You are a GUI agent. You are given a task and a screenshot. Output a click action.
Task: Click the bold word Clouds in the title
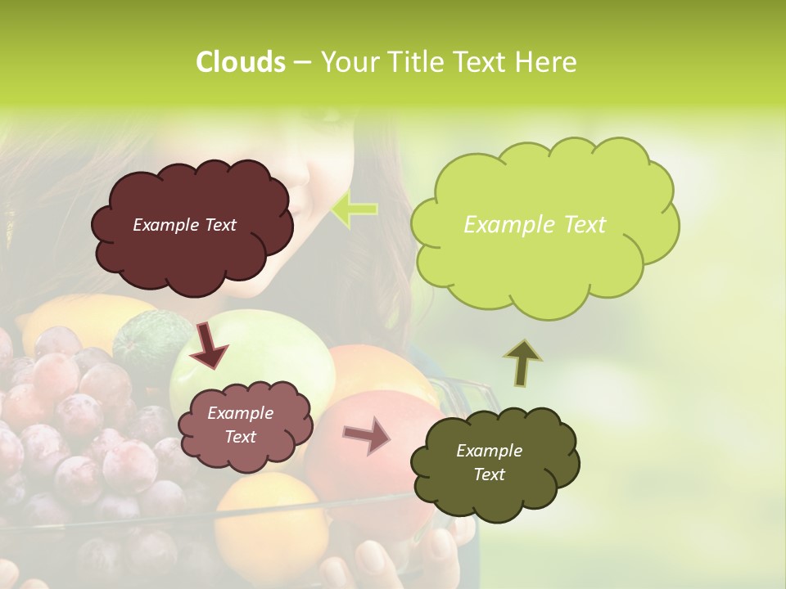coord(240,62)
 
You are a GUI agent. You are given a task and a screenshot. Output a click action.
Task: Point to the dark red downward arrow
coord(210,344)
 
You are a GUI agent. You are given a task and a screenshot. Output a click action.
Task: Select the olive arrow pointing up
coord(522,362)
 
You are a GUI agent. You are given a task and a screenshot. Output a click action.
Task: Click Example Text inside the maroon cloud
coord(184,225)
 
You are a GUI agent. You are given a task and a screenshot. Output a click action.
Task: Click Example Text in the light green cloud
coord(535,225)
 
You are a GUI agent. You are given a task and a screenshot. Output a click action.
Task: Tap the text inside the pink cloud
coord(240,425)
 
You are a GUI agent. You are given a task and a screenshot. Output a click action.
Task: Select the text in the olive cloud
coord(489,462)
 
